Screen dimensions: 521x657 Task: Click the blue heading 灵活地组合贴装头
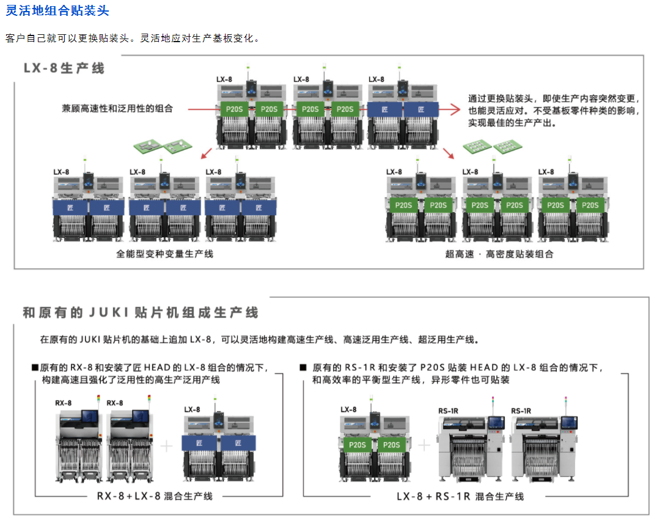click(x=57, y=10)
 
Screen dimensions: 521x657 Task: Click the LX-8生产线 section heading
click(x=64, y=68)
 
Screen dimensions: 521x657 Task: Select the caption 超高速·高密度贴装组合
click(x=499, y=254)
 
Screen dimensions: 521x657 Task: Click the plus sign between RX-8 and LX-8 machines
click(x=167, y=446)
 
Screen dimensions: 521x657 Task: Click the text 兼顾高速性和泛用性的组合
click(x=117, y=108)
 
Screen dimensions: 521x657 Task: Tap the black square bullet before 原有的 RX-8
click(x=35, y=368)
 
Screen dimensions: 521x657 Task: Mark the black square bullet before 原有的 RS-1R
click(x=303, y=368)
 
